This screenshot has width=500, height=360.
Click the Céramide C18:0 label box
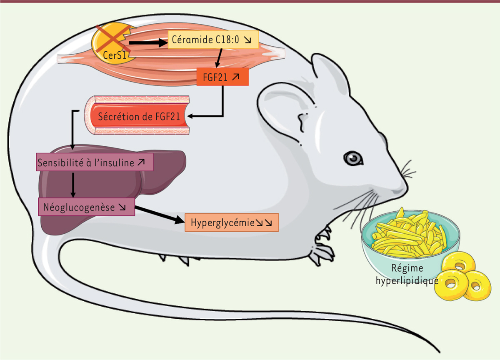(x=213, y=40)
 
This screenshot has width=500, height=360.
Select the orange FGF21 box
(x=222, y=77)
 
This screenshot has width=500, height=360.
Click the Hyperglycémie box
(x=231, y=222)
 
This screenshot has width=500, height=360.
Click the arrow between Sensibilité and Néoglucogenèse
(x=73, y=184)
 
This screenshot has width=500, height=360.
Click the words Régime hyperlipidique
(x=407, y=275)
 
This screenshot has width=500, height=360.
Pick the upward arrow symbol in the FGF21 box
(x=236, y=77)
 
